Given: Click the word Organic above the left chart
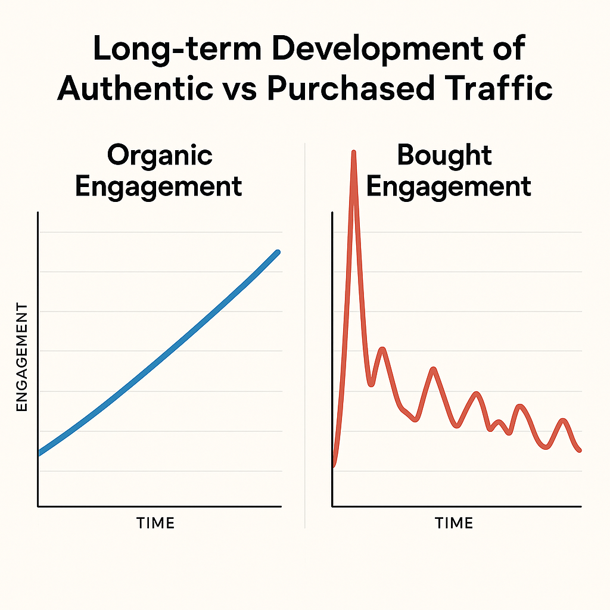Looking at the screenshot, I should coord(160,156).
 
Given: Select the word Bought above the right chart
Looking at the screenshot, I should coord(444,156).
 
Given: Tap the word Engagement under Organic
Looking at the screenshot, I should coord(159,187).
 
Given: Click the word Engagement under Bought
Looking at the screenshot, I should coord(448,187).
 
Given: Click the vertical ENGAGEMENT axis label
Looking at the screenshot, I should coord(22,356).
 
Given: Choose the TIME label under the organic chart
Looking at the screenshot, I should coord(155,524).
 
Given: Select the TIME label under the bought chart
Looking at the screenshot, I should coord(453,524).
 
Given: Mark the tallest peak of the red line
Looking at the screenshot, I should coord(354,154).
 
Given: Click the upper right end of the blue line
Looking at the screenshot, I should coord(278,253).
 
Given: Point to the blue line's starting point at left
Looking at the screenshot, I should coord(39,453).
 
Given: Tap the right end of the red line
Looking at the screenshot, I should coord(580,450).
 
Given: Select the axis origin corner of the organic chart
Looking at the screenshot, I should coord(38,506).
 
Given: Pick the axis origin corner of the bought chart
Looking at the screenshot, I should coord(332,506).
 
